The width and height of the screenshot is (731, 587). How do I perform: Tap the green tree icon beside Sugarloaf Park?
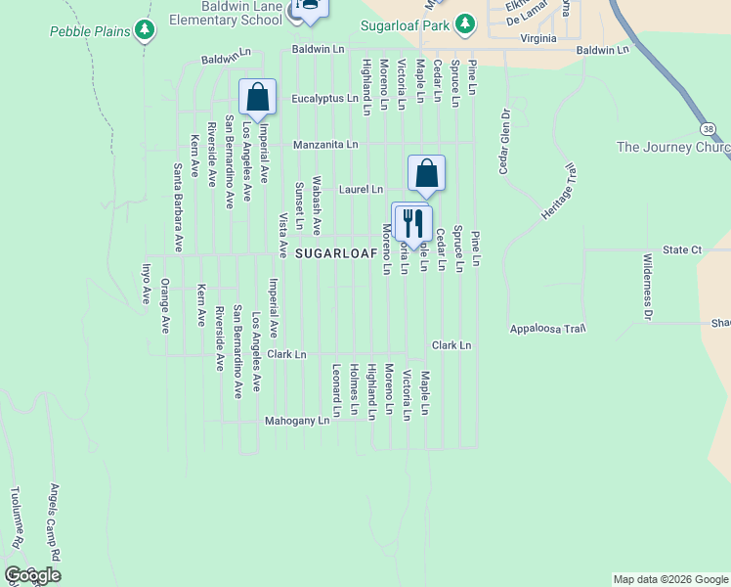(466, 22)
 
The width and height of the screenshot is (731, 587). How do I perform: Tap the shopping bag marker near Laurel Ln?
(427, 173)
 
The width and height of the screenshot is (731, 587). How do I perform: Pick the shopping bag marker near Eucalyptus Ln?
(257, 98)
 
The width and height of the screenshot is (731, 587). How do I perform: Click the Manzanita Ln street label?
(326, 144)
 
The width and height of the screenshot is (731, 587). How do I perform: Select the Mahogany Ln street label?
(297, 421)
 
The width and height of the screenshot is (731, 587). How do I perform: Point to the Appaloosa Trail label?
(547, 329)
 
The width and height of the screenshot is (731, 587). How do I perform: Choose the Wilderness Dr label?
(647, 287)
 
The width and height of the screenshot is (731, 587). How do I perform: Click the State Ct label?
(682, 250)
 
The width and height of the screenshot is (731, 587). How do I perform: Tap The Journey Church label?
(673, 148)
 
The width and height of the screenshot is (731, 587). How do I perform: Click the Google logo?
(32, 575)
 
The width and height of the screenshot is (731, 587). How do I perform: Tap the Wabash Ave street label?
(317, 205)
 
